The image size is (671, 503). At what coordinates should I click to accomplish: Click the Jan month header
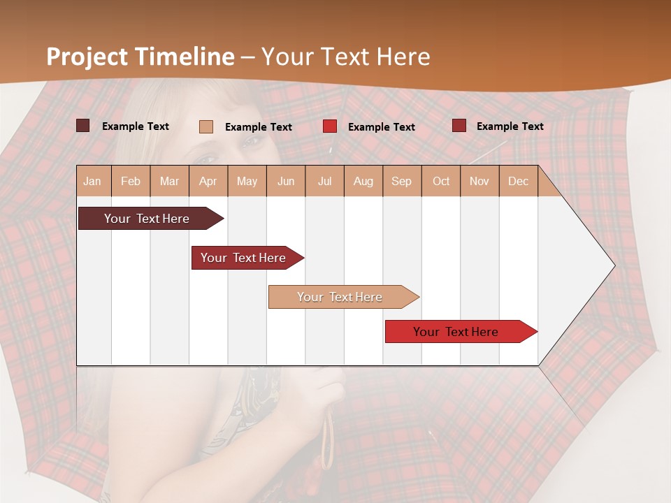tap(92, 181)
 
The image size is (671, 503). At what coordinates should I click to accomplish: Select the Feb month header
tap(131, 181)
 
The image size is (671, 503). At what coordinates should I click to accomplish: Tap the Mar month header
tap(169, 181)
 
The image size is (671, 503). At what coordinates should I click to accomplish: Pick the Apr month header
tap(208, 181)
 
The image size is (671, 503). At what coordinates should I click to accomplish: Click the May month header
tap(247, 181)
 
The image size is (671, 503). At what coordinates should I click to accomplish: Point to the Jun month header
tap(286, 181)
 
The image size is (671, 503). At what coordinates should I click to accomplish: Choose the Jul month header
tap(324, 181)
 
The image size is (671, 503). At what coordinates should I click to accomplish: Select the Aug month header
tap(363, 181)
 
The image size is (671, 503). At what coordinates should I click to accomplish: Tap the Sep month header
tap(402, 181)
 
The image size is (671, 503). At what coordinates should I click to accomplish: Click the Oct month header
tap(441, 181)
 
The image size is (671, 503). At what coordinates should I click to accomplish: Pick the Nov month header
tap(479, 181)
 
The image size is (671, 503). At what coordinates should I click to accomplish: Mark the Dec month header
tap(519, 181)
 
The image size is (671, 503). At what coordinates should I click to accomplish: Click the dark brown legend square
tap(82, 126)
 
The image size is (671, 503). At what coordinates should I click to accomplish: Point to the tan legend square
tap(205, 126)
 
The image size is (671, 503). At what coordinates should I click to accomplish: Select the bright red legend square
tap(329, 126)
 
